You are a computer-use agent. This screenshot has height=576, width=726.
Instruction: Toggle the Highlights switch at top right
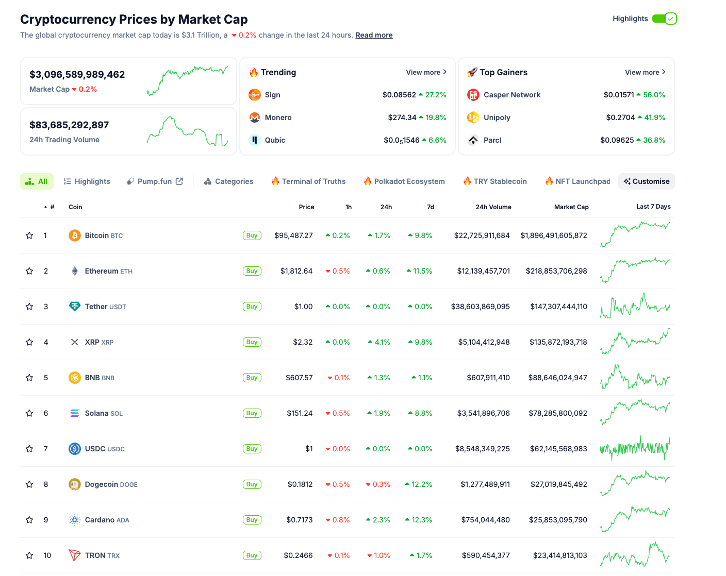click(x=664, y=19)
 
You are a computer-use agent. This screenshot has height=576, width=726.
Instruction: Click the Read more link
click(x=374, y=35)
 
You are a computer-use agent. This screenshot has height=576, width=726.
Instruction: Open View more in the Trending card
click(x=426, y=72)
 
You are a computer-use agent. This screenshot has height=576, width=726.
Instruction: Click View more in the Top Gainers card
click(x=645, y=72)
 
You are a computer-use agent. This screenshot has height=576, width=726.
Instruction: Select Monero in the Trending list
click(x=278, y=117)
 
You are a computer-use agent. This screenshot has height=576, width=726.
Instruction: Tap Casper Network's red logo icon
click(x=473, y=95)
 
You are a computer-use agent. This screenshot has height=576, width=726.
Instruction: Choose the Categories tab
click(x=228, y=181)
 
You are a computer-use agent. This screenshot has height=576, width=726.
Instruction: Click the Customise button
click(x=646, y=181)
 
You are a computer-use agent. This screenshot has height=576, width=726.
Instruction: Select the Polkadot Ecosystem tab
click(x=404, y=181)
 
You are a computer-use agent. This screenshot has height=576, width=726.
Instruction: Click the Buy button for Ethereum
click(x=252, y=271)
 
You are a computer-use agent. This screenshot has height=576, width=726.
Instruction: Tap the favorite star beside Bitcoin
click(x=29, y=235)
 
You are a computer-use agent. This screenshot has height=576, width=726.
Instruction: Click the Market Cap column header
click(x=571, y=207)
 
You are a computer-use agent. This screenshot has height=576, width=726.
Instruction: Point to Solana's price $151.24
click(x=300, y=413)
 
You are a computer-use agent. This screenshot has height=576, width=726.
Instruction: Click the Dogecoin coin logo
click(x=75, y=484)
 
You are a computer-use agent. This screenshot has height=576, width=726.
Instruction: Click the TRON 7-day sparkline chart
click(x=635, y=555)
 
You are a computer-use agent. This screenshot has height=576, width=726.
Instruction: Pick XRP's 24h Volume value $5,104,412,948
click(x=484, y=342)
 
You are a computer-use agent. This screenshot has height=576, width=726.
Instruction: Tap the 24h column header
click(x=386, y=207)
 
